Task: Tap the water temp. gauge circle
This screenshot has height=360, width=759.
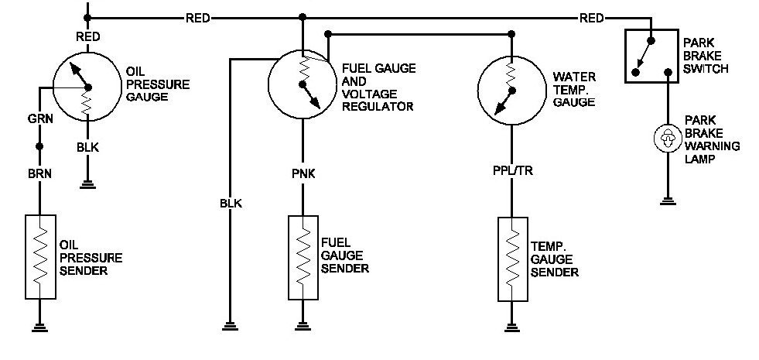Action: point(511,88)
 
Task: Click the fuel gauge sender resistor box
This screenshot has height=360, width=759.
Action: point(302,257)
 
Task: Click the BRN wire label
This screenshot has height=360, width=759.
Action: point(39,173)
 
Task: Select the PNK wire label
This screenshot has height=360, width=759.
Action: point(302,173)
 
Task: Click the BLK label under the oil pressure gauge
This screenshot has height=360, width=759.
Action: point(87,146)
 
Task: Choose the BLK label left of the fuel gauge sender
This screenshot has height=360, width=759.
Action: point(230,204)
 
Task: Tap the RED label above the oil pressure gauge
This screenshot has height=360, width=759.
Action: point(87,36)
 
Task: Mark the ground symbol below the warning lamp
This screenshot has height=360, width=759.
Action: point(665,204)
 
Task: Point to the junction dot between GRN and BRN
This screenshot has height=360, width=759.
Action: point(39,146)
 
